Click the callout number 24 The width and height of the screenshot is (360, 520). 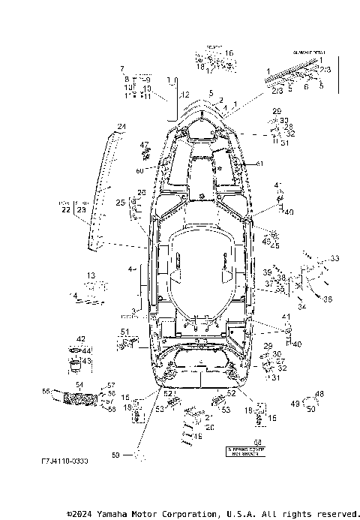[121, 125]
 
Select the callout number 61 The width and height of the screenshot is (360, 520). [260, 164]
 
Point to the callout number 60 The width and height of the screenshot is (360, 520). [139, 170]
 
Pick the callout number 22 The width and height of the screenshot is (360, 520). [66, 210]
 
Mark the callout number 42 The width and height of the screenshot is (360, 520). [80, 340]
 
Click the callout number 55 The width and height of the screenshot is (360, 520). [46, 391]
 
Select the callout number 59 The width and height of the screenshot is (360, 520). [115, 454]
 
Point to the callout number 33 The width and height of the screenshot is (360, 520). [334, 258]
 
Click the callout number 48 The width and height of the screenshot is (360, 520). [319, 394]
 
